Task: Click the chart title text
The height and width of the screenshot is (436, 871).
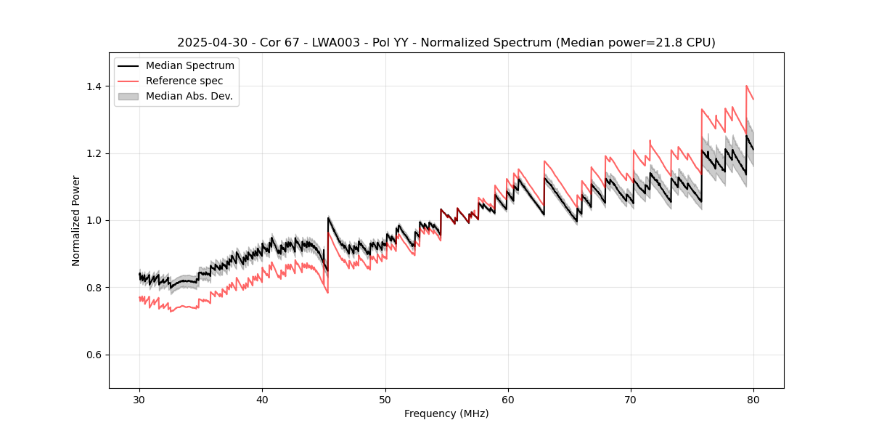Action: pyautogui.click(x=446, y=43)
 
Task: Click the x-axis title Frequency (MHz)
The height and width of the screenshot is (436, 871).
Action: pyautogui.click(x=446, y=413)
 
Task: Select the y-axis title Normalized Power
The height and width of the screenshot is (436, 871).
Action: pyautogui.click(x=75, y=220)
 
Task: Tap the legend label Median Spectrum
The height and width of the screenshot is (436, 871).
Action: pyautogui.click(x=189, y=66)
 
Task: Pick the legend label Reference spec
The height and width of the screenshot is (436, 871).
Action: pyautogui.click(x=184, y=81)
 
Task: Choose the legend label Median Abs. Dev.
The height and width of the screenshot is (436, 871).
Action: pyautogui.click(x=189, y=96)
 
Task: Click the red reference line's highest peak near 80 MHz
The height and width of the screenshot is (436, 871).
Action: pyautogui.click(x=746, y=86)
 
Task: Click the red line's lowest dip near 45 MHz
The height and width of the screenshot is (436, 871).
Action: pyautogui.click(x=327, y=292)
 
